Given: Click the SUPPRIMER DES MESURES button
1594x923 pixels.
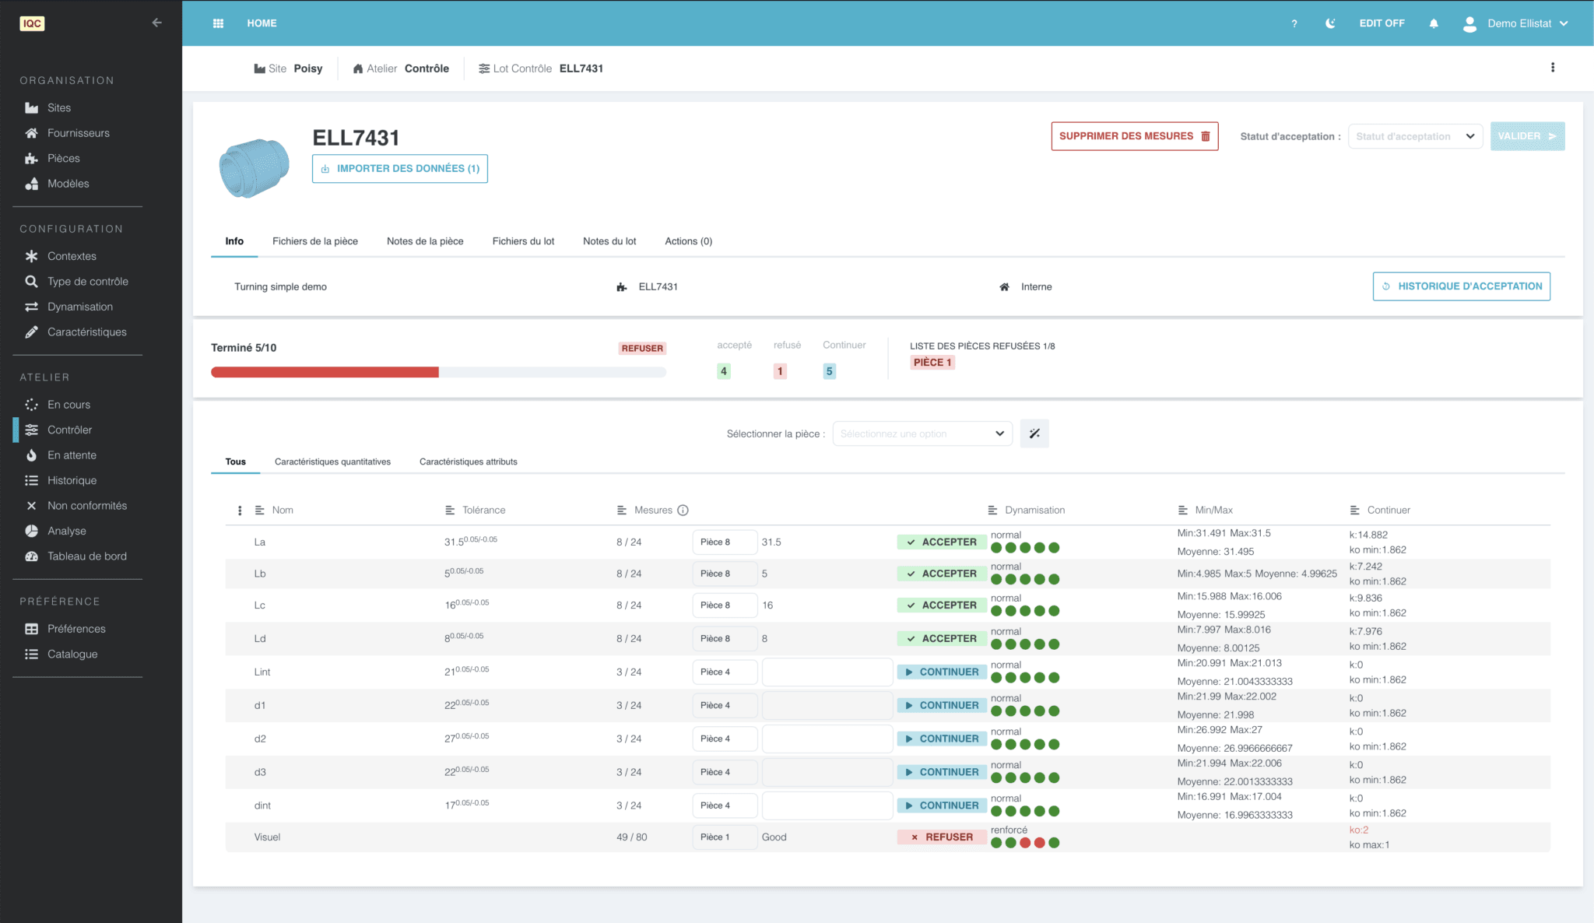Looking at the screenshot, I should pos(1134,136).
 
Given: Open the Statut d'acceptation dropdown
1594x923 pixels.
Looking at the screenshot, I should pos(1414,136).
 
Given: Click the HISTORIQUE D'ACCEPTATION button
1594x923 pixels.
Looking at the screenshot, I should pos(1461,286).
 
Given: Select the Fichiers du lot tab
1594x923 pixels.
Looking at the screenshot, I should pos(523,241).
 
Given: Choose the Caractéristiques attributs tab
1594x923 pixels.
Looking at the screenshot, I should pos(468,461).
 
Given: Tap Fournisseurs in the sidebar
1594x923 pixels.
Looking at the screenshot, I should pos(78,133).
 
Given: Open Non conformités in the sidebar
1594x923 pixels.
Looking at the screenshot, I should pos(86,506).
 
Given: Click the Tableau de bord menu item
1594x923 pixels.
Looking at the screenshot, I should pos(86,556).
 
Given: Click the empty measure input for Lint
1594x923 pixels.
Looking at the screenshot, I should pos(827,672).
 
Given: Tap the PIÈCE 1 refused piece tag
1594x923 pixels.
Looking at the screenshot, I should pos(932,363).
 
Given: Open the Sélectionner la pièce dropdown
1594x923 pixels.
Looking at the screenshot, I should pos(922,433).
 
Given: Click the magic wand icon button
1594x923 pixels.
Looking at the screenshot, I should pos(1034,433).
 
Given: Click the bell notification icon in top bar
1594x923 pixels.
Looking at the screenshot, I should pos(1434,23).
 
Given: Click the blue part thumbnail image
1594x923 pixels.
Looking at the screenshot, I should pos(254,167).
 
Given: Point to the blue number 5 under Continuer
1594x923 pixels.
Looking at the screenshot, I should pos(829,371).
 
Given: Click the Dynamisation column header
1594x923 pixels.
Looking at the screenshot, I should pos(1034,511).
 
